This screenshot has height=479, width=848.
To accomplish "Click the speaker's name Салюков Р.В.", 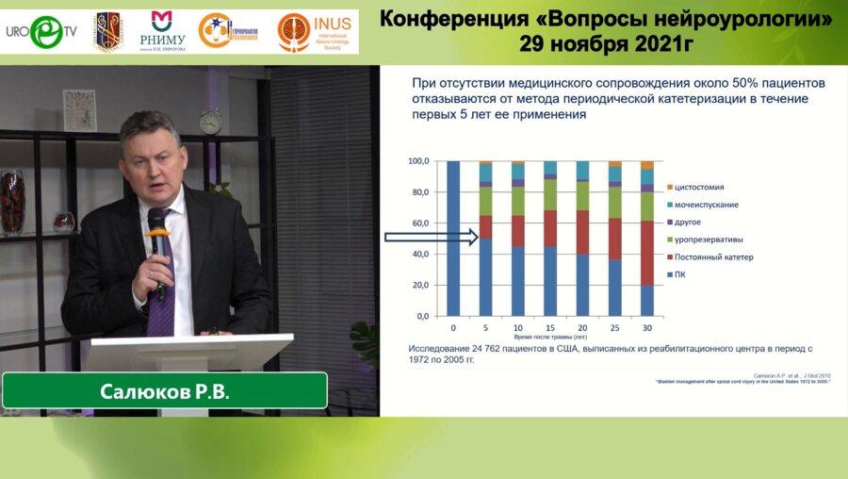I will tap(165, 391).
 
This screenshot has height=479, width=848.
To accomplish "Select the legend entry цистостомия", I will tap(705, 187).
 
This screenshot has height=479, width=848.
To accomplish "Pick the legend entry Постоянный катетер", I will tap(712, 256).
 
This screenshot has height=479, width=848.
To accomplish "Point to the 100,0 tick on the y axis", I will tap(418, 162).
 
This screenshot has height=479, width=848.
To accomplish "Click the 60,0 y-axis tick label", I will tap(418, 223).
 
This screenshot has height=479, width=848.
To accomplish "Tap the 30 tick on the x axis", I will tap(646, 327).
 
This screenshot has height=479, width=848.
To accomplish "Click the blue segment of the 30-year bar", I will tap(646, 301).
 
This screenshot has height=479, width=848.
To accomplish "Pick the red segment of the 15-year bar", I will tap(550, 228).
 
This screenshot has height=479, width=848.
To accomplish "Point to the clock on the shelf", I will tap(210, 121).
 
